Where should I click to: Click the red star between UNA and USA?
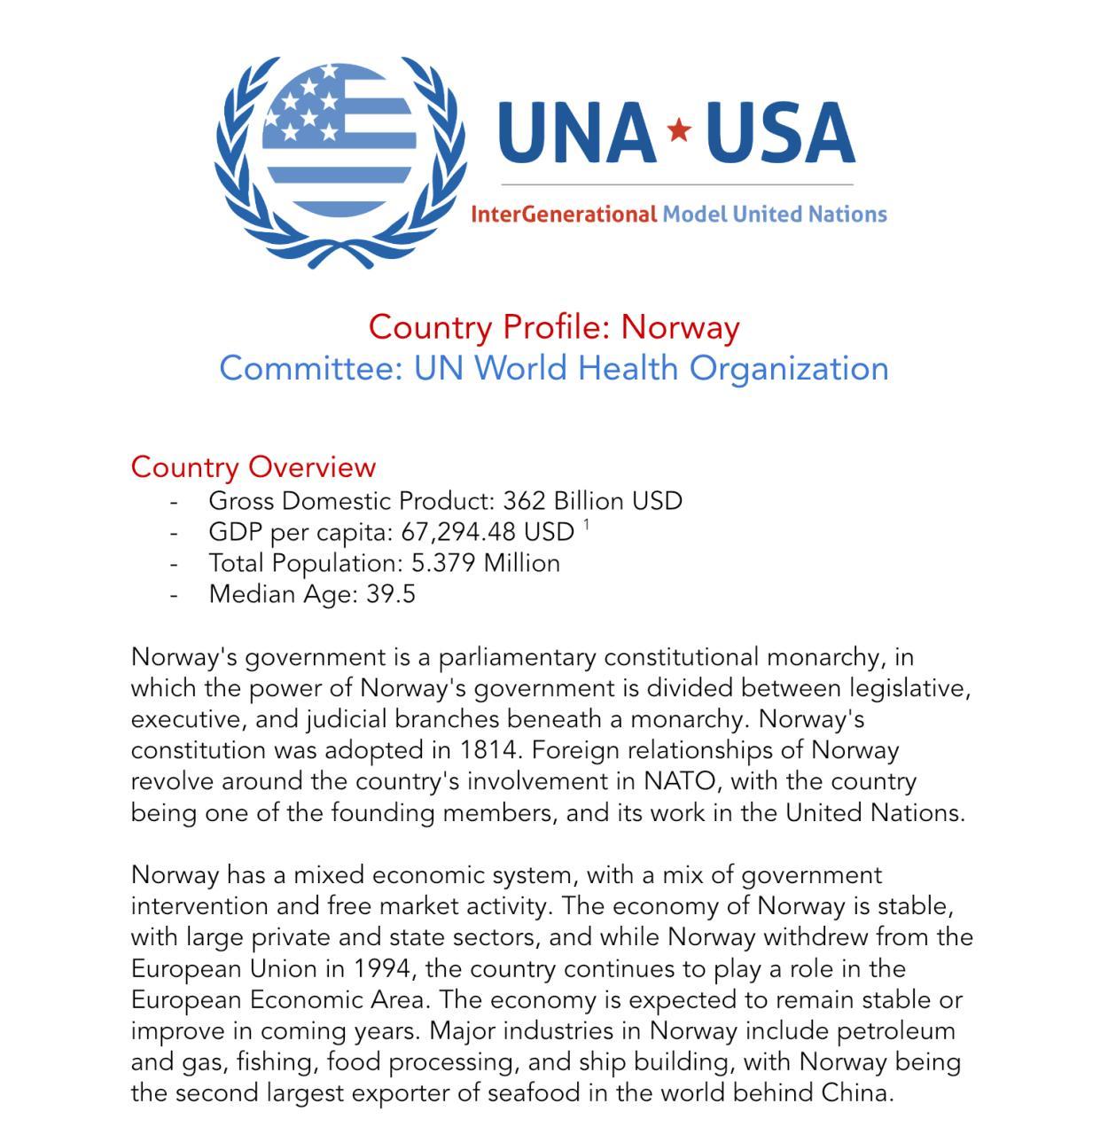pyautogui.click(x=679, y=130)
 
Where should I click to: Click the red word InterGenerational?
pyautogui.click(x=564, y=215)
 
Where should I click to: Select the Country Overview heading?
pyautogui.click(x=254, y=466)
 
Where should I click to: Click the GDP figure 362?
pyautogui.click(x=524, y=501)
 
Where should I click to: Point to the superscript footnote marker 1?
pyautogui.click(x=586, y=525)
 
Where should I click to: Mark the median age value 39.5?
pyautogui.click(x=391, y=594)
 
